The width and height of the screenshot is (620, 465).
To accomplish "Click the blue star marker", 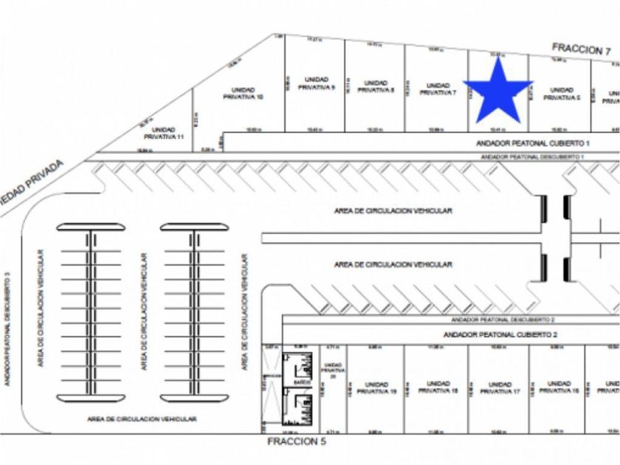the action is point(499,92).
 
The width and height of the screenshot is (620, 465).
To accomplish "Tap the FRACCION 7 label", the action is point(582,49).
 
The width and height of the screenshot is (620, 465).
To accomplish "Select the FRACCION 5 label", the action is point(296,441).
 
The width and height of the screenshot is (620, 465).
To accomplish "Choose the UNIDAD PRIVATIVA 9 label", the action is point(317,83).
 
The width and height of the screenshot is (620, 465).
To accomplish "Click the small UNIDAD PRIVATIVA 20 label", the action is point(333,370).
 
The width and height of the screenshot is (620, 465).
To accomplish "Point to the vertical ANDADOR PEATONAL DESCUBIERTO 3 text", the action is point(7,328).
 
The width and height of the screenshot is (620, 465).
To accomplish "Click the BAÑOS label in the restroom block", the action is point(300,384).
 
